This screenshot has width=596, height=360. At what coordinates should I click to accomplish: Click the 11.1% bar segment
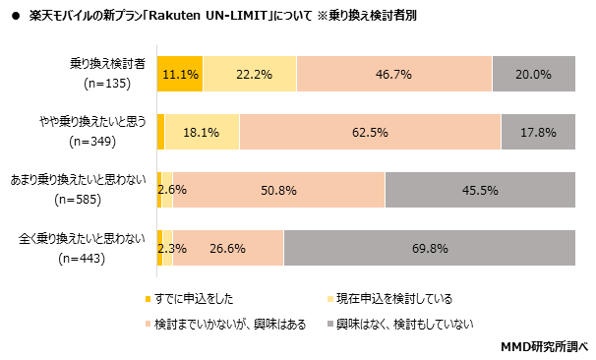point(180,74)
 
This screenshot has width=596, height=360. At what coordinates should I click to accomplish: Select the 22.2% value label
point(249,74)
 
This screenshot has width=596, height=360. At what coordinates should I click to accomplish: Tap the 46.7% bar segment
point(393,74)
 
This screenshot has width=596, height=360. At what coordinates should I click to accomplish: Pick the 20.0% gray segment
point(533,74)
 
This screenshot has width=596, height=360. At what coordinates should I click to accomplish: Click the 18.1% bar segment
point(202,132)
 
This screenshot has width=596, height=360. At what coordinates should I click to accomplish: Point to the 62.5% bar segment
point(370,132)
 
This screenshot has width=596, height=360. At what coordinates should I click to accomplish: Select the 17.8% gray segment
point(538,132)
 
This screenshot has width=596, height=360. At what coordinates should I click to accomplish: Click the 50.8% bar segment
point(278,189)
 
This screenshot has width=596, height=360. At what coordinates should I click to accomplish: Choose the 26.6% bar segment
point(228,247)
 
